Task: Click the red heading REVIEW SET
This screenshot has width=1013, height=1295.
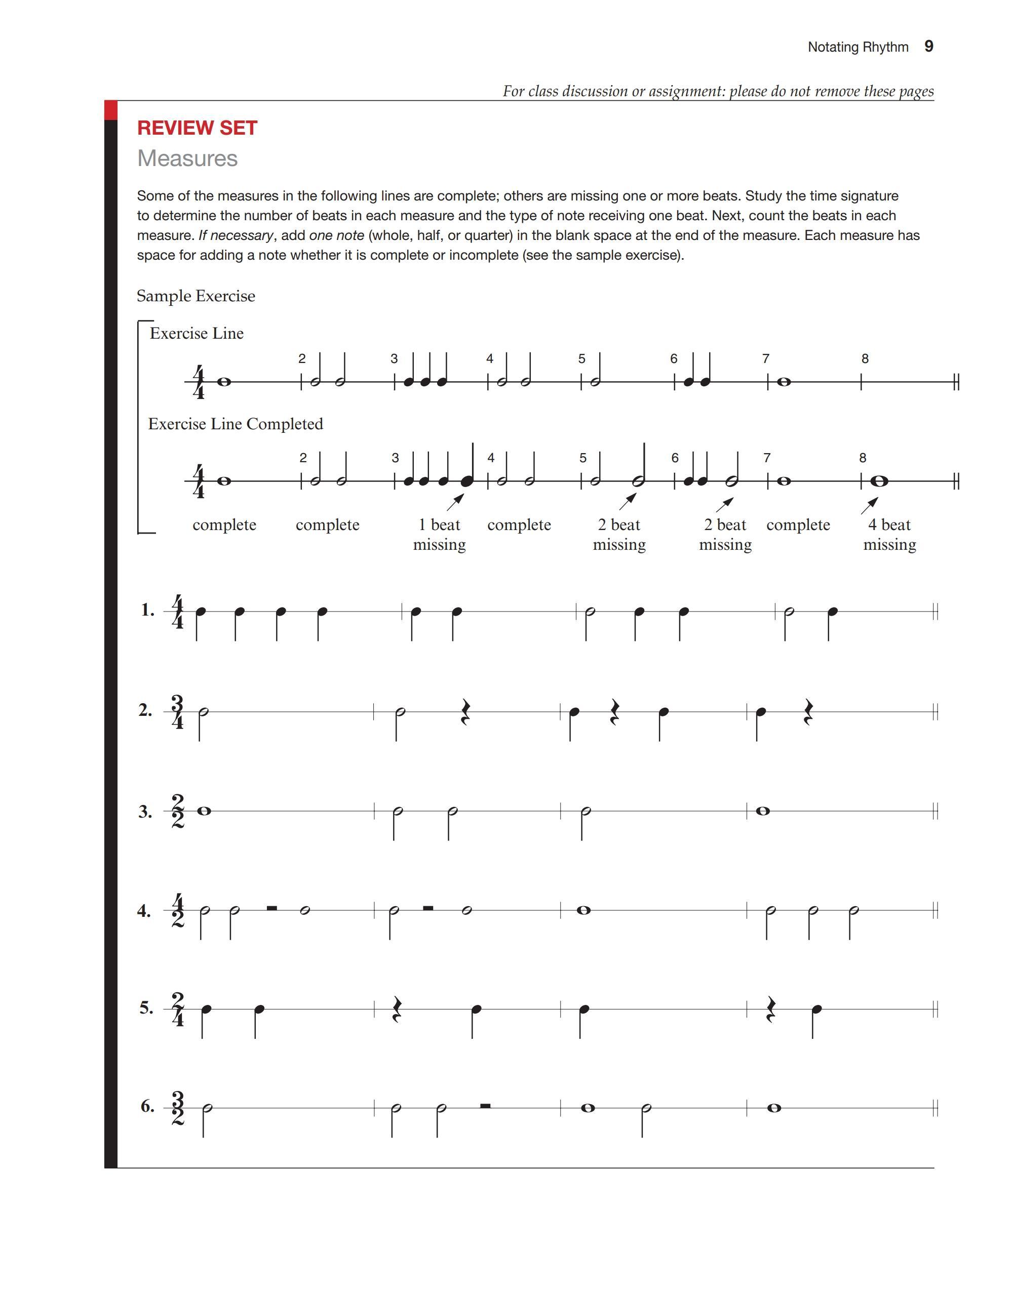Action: (197, 128)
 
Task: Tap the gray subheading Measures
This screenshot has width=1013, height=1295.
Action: (187, 158)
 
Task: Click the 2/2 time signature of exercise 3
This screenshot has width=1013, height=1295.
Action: (177, 811)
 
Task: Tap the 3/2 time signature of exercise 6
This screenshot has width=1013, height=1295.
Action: (177, 1108)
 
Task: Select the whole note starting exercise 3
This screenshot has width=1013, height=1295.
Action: (204, 811)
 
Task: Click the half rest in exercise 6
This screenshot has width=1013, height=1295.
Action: (485, 1105)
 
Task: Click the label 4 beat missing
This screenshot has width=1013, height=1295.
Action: (889, 534)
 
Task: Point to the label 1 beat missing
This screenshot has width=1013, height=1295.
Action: (440, 534)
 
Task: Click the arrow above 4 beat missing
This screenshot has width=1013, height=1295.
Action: (870, 506)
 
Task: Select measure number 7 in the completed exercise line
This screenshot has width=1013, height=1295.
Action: (767, 458)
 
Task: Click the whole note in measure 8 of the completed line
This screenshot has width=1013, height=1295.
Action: (880, 481)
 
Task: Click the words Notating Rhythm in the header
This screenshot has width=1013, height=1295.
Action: (858, 47)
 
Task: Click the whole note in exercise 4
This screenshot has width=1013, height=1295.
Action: (583, 910)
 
